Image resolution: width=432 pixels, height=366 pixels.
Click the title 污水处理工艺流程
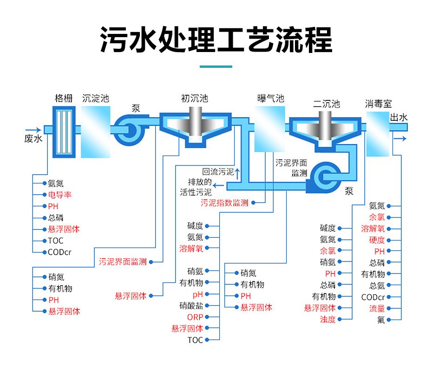pos(216,39)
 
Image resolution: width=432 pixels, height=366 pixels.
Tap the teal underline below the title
pos(216,67)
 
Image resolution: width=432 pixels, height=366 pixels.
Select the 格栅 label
pos(64,98)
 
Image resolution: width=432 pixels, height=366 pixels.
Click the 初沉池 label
pos(195,98)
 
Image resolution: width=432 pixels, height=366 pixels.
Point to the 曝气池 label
pos(270,98)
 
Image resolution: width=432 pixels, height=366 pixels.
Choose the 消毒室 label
pos(379,103)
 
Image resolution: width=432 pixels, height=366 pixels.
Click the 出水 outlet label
pos(399,118)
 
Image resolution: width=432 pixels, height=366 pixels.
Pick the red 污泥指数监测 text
pos(224,203)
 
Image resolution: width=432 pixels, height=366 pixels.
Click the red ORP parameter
pos(195,317)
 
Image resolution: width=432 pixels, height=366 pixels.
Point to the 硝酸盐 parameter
pos(191,306)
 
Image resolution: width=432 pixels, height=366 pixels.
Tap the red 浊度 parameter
pos(327,319)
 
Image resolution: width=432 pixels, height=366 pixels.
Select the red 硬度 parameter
pos(377,240)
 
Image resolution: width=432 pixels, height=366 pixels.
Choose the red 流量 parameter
pos(377,308)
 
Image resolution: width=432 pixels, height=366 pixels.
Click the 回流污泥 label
pos(218,172)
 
